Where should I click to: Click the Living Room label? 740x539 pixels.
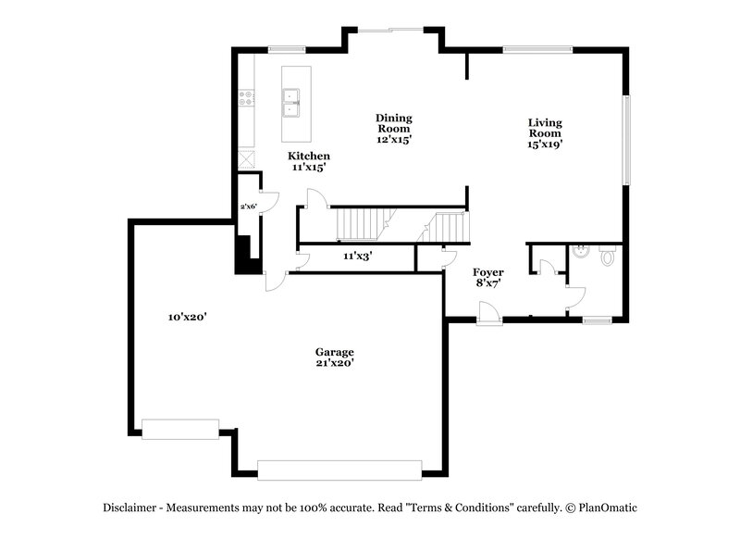[x=545, y=132]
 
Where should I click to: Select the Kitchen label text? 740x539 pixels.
[x=308, y=161]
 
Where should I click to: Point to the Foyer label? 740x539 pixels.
[x=487, y=277]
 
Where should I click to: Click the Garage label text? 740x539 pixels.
[x=334, y=357]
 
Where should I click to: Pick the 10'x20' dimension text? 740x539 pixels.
[x=187, y=317]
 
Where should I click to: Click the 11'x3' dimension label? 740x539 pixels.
[x=357, y=256]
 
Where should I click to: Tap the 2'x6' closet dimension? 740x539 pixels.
[x=248, y=207]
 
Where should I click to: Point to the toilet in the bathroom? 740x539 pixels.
[x=607, y=255]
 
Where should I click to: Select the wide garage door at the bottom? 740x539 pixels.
[x=339, y=470]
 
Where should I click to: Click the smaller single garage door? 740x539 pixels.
[x=180, y=429]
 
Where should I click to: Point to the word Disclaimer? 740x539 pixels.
[x=129, y=508]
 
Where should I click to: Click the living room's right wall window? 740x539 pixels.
[x=626, y=139]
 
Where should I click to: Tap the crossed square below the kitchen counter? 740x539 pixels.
[x=247, y=158]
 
